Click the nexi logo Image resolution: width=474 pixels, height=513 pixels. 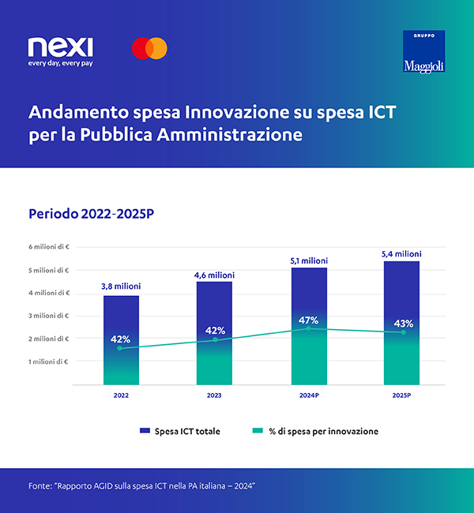coord(60,47)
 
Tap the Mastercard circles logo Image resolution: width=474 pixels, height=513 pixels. coord(149,48)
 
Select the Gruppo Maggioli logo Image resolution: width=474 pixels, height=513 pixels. coord(424,51)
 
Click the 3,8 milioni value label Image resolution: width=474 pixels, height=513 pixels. coord(121,286)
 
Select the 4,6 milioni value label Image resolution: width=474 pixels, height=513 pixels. coord(215,275)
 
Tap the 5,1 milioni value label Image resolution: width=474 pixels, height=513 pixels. coord(309,260)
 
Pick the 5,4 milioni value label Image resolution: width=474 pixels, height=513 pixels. coord(402,253)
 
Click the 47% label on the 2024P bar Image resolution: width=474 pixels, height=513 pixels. coord(309,320)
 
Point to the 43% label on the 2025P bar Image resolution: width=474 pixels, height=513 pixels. coord(403,324)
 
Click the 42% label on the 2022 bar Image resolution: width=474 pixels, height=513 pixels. coord(121,339)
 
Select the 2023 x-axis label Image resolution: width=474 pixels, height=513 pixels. coord(215,395)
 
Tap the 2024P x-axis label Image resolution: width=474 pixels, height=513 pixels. coord(309,395)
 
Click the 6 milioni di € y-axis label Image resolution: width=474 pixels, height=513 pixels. coord(49,247)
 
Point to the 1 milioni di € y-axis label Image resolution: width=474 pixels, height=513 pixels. coord(49,361)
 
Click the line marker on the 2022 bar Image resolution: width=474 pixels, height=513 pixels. coord(121,348)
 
